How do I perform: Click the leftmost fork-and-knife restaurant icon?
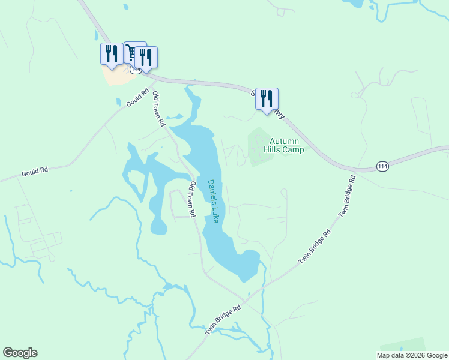(111, 53)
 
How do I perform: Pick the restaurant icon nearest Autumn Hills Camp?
(267, 98)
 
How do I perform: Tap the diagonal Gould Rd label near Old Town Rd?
(137, 98)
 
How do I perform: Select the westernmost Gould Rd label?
(35, 172)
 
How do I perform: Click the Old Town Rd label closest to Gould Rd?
(158, 109)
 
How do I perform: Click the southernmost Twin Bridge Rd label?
(223, 319)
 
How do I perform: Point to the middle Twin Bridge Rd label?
(315, 248)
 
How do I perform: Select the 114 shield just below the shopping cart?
(136, 70)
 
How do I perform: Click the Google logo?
(20, 353)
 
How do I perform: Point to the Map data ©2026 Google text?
(412, 355)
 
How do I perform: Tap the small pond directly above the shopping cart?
(125, 7)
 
